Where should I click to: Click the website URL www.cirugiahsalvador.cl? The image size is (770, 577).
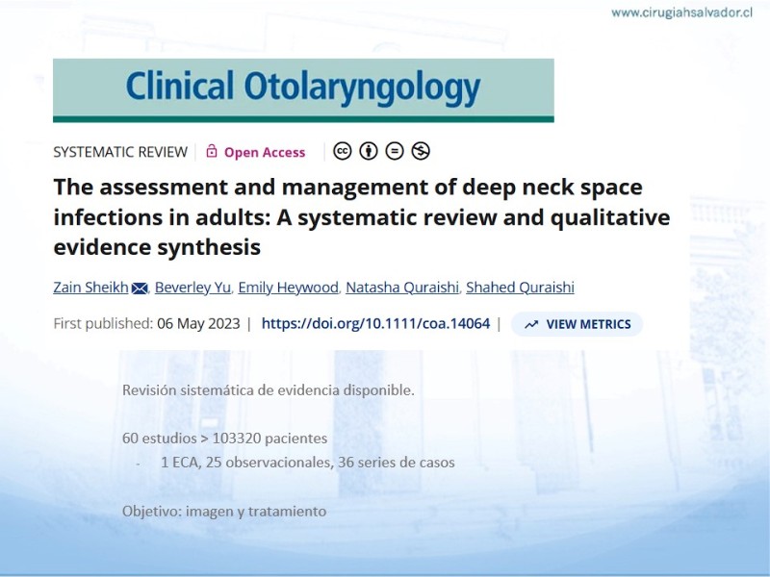click(681, 13)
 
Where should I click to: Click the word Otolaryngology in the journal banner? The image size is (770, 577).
click(362, 88)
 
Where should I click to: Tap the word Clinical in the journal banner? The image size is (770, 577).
click(179, 85)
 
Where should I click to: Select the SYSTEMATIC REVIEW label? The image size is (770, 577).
click(120, 152)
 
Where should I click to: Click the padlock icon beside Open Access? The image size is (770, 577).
click(211, 151)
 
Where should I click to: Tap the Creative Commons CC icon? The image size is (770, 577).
click(343, 151)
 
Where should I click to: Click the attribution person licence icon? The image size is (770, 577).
click(369, 151)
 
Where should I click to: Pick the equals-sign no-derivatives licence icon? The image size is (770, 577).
click(395, 151)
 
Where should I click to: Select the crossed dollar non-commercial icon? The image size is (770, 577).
click(421, 151)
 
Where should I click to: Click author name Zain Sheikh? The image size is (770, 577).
click(90, 287)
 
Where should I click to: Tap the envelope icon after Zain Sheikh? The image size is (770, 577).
click(140, 288)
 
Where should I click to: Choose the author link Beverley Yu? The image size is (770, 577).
click(192, 288)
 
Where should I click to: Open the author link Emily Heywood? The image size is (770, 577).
click(288, 288)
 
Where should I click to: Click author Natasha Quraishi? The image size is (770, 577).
click(402, 287)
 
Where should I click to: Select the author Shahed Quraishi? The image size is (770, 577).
click(520, 287)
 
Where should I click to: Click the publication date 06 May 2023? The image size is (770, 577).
click(198, 324)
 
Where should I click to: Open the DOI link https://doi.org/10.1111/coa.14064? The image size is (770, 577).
click(375, 324)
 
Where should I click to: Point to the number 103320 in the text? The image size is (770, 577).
click(237, 439)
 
